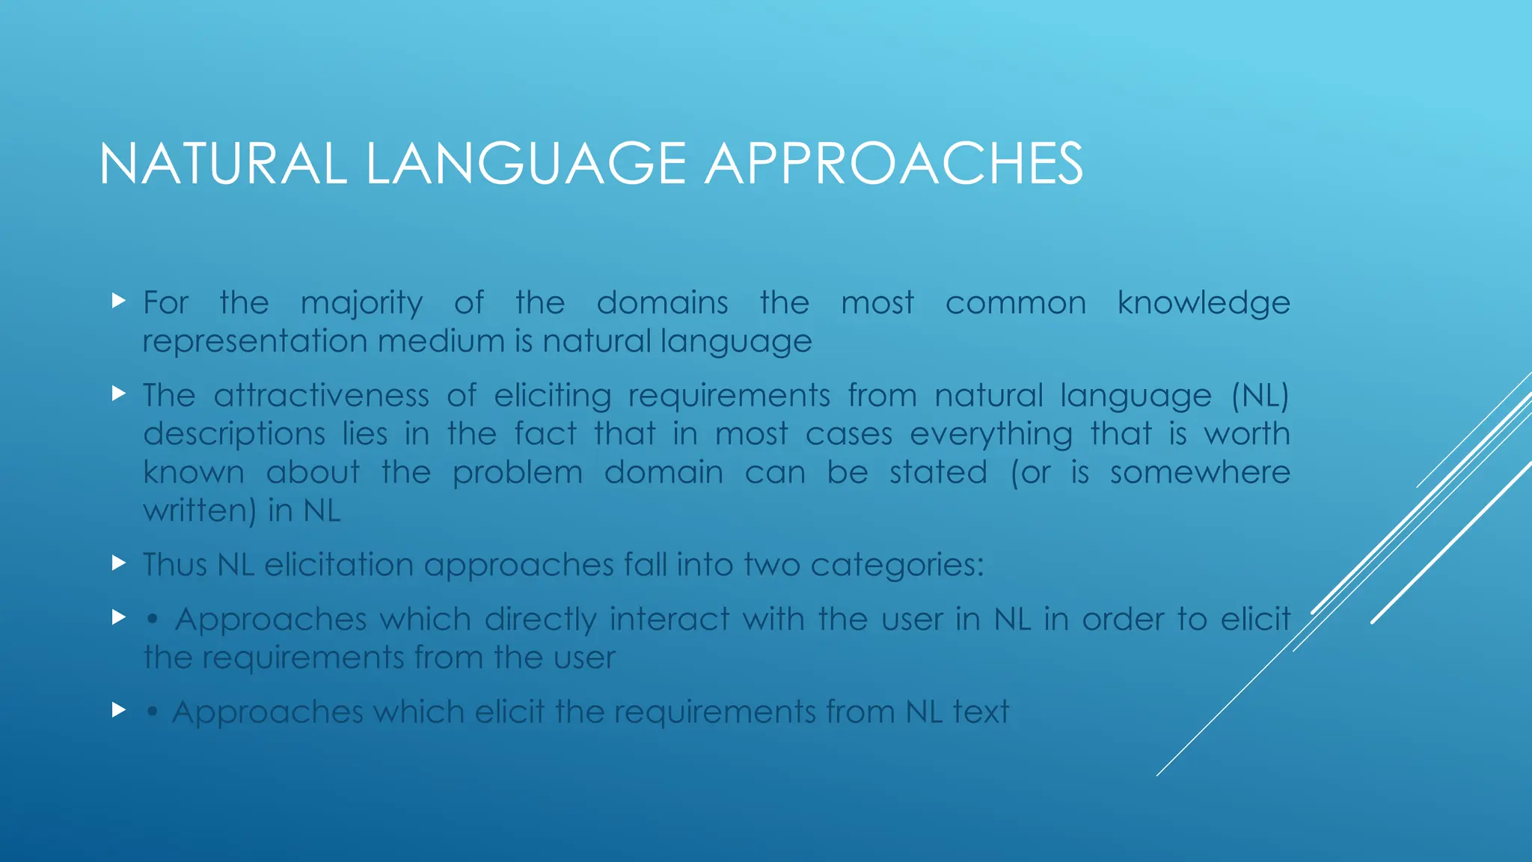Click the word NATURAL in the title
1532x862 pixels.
click(223, 164)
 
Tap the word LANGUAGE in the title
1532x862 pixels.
click(526, 164)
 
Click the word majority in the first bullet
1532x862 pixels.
click(361, 304)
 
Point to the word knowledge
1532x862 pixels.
click(1204, 304)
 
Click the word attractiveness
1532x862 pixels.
click(321, 396)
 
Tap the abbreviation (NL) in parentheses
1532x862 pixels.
click(1260, 396)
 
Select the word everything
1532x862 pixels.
click(991, 435)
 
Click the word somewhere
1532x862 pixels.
click(1200, 473)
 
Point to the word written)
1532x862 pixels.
click(200, 511)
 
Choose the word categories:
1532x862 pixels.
click(897, 565)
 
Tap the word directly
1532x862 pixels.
click(540, 620)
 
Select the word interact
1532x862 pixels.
click(670, 620)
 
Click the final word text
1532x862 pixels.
click(981, 712)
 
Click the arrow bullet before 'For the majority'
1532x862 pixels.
click(118, 302)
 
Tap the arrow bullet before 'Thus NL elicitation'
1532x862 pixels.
click(118, 563)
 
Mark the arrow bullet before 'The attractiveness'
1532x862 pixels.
click(118, 394)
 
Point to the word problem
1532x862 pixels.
click(517, 473)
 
